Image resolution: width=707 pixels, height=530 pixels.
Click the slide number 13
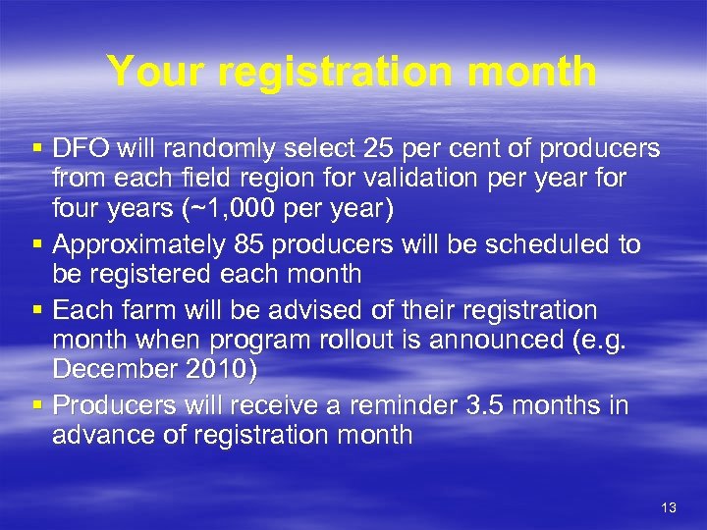[669, 506]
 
